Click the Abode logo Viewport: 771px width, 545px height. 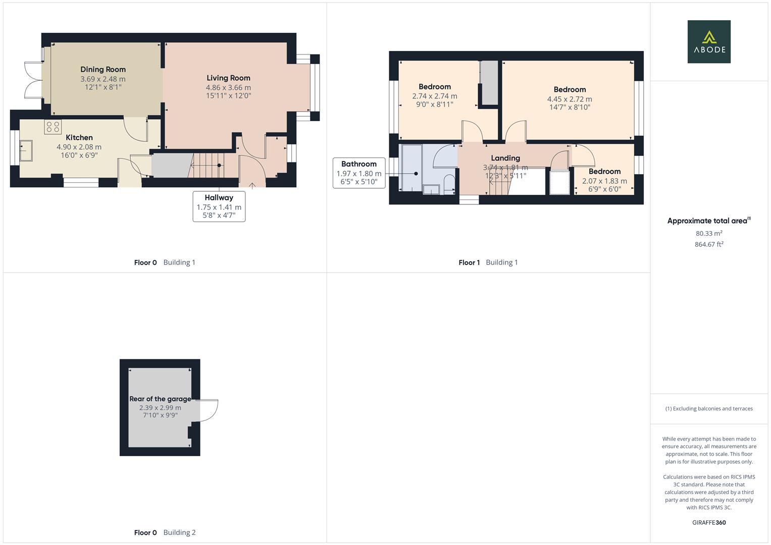coord(708,42)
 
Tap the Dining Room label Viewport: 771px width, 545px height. coord(103,70)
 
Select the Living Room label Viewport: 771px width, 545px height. coord(228,78)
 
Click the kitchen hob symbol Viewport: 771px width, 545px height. coord(53,127)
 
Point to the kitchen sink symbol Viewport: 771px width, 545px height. coord(26,150)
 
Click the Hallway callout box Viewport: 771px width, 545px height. coord(219,206)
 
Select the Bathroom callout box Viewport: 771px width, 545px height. coord(358,173)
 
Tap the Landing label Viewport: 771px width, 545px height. coord(505,158)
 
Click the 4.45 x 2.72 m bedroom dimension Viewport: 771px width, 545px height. coord(570,99)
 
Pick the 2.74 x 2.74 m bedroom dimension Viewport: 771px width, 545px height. coord(435,96)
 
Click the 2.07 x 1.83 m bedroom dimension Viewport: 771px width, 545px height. coord(604,181)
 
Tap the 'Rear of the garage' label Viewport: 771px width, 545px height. coord(160,399)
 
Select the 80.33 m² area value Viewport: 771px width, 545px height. coord(708,234)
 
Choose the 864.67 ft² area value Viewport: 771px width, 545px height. coord(708,245)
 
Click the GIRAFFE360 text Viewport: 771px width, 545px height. coord(708,523)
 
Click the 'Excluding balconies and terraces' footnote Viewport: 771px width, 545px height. coord(708,409)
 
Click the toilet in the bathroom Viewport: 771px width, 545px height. coord(448,183)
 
